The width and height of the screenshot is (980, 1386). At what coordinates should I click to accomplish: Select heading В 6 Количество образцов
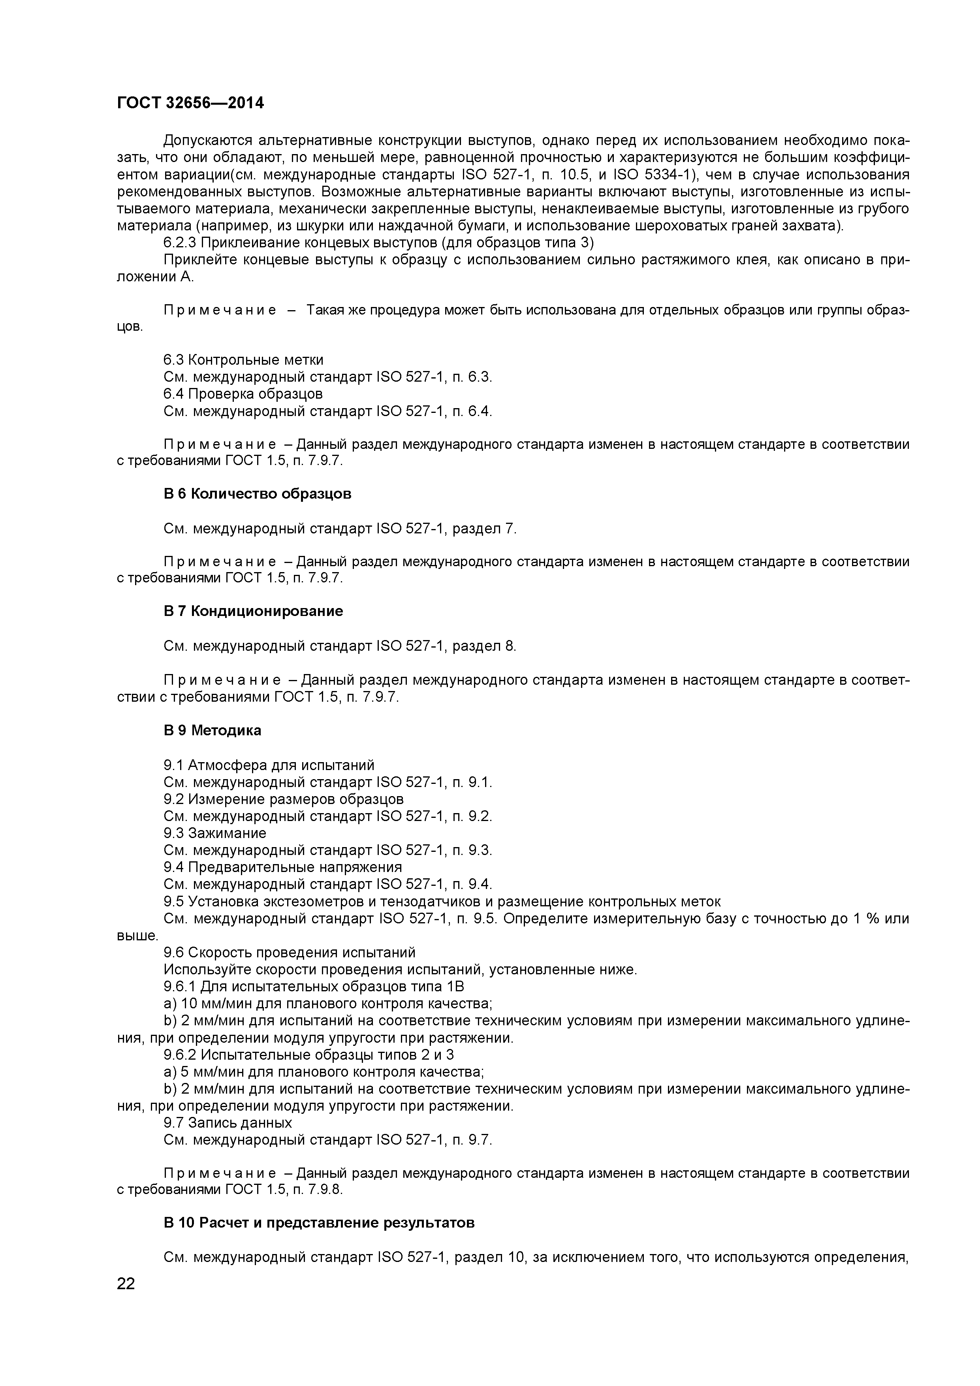[x=257, y=494]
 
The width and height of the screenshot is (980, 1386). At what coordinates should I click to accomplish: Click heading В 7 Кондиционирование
[x=253, y=611]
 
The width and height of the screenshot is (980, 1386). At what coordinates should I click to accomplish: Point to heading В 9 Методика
[x=213, y=731]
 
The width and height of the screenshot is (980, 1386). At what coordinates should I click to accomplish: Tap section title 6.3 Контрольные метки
[x=243, y=360]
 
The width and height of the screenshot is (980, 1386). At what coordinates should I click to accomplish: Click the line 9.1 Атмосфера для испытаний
[x=269, y=765]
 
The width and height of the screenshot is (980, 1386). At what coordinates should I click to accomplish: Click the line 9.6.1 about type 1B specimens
[x=313, y=987]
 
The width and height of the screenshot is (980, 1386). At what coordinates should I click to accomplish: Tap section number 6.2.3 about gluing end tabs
[x=180, y=243]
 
